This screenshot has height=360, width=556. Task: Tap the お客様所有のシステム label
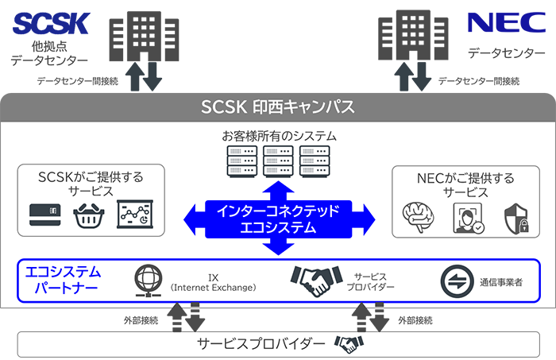click(x=278, y=136)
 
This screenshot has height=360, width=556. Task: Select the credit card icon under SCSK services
click(x=44, y=215)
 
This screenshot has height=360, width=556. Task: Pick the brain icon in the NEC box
click(x=420, y=217)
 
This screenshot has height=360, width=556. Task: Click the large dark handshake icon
click(x=316, y=280)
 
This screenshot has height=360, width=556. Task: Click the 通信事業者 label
click(x=503, y=281)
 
